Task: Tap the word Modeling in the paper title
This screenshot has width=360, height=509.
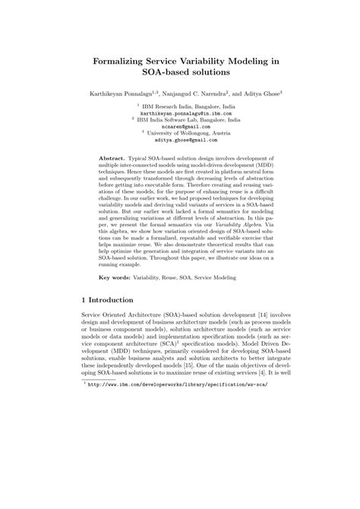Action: (248, 62)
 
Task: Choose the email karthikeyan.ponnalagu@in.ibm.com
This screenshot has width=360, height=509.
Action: (179, 113)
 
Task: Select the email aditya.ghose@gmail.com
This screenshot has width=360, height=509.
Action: (179, 140)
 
